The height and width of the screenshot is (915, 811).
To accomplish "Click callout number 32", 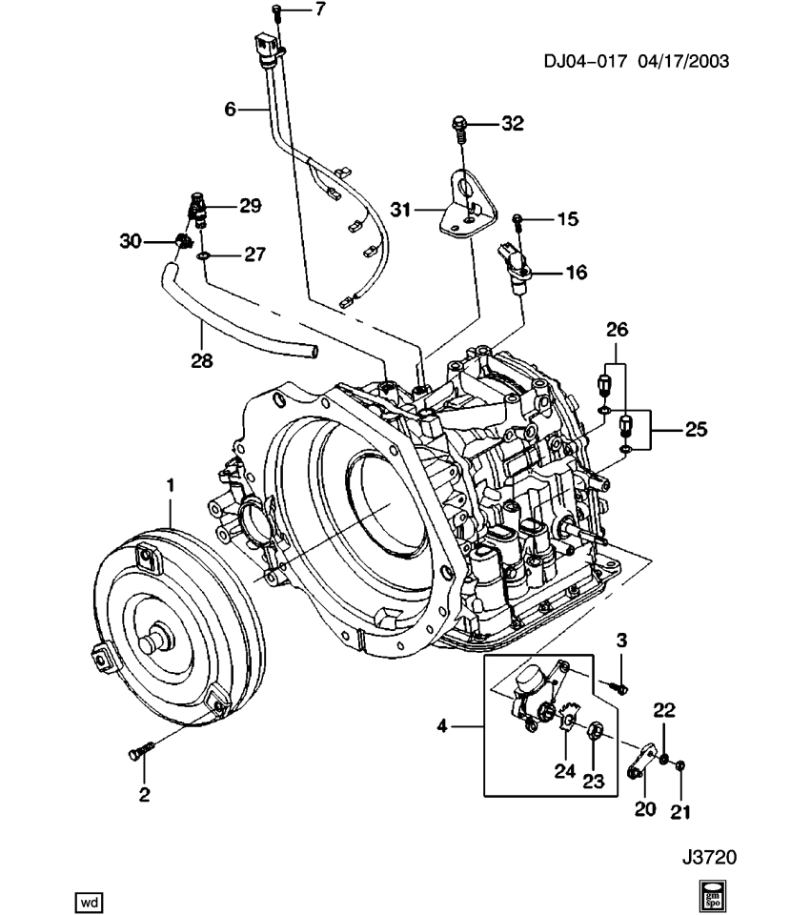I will pos(513,124).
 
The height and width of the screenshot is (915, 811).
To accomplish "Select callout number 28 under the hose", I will pos(201,361).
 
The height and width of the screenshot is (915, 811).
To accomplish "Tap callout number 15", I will pos(568,219).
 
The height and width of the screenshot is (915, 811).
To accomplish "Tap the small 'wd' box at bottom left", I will pos(88,900).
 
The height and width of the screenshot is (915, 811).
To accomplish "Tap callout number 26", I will pos(618,332).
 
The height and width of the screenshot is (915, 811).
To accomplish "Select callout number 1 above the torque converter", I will pos(171,486).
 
